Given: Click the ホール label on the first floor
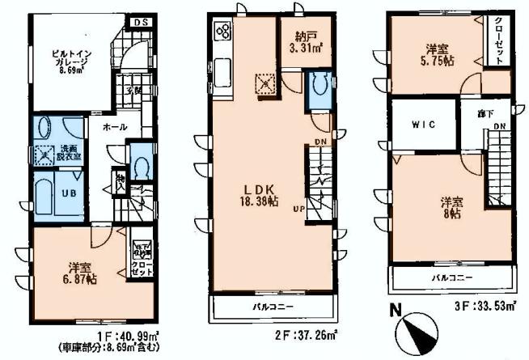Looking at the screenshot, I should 112,128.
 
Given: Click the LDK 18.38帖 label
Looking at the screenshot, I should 255,197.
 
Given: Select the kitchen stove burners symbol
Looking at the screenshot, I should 224,32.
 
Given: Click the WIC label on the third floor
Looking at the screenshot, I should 423,125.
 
